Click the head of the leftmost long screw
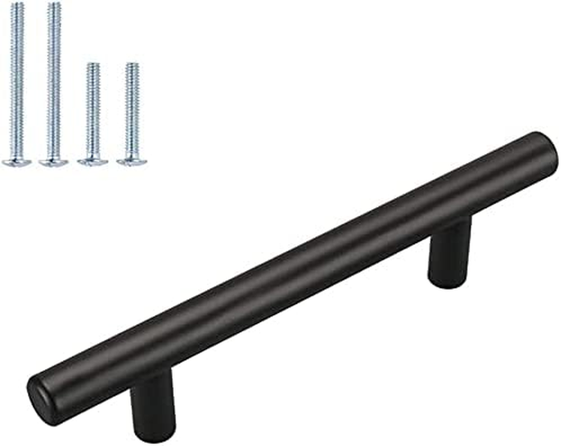pyautogui.click(x=16, y=162)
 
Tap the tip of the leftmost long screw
pyautogui.click(x=18, y=5)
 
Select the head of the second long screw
pyautogui.click(x=53, y=162)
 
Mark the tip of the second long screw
pyautogui.click(x=54, y=5)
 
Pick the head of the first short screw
pyautogui.click(x=93, y=162)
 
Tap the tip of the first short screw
pyautogui.click(x=93, y=65)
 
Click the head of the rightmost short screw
pyautogui.click(x=132, y=162)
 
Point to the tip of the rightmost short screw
pyautogui.click(x=132, y=65)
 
